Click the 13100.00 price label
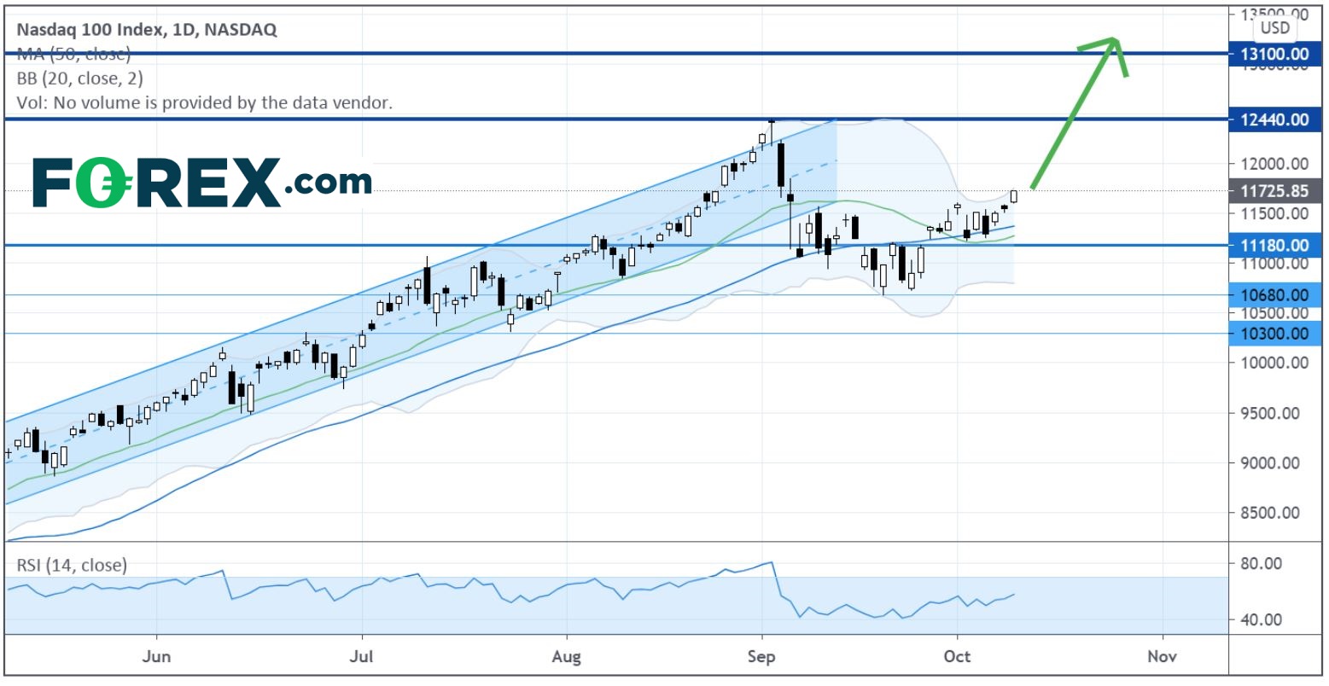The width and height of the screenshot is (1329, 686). click(1274, 54)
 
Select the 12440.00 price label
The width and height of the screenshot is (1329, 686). click(1274, 119)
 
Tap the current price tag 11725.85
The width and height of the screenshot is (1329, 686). click(1274, 191)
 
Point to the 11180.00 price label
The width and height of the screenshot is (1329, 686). click(1274, 246)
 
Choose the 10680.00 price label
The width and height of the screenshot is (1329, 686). click(1274, 295)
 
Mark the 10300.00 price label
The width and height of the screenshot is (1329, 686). click(1274, 334)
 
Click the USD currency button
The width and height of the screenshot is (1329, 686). click(1275, 28)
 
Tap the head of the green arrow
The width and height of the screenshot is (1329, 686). click(1113, 41)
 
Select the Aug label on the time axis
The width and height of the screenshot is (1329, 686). click(567, 656)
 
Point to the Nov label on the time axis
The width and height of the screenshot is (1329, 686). click(1162, 656)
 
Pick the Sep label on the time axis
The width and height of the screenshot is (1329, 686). click(761, 656)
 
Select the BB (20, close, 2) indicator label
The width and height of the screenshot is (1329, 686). click(79, 78)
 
